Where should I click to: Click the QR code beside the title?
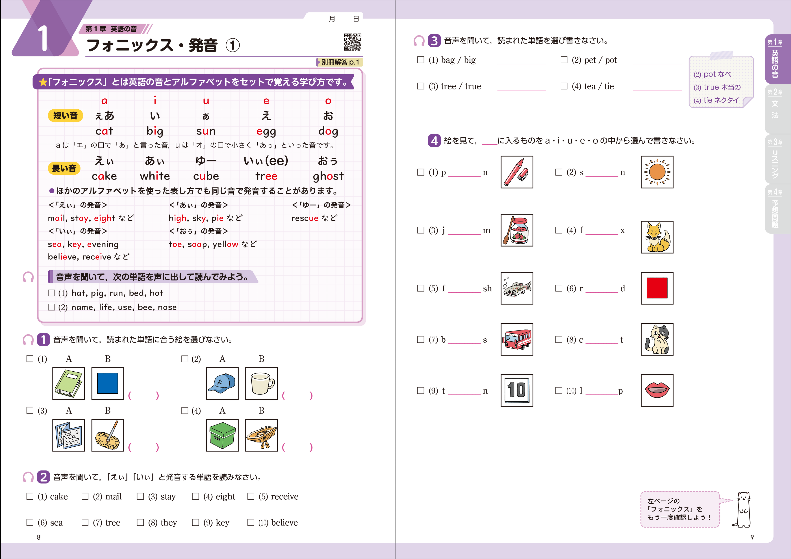coord(352,42)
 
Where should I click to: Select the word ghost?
coord(328,176)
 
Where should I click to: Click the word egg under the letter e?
coord(266,131)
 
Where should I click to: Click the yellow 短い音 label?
coord(65,115)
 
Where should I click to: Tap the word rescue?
coord(305,218)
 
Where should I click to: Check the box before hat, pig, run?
coord(52,293)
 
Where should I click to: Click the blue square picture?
coord(107,383)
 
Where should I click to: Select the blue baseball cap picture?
coord(222,383)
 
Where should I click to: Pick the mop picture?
coord(107,435)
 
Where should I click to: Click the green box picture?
coord(222,435)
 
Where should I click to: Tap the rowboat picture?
coord(261,435)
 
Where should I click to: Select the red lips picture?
coord(657,390)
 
